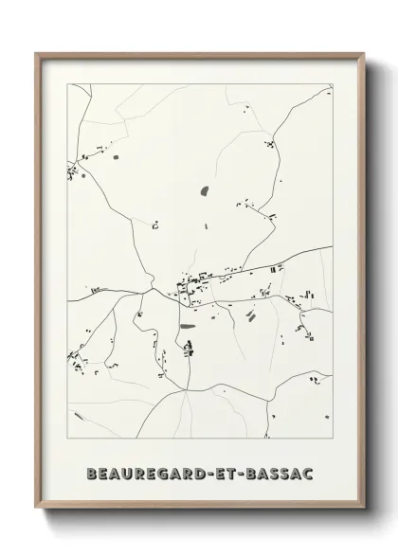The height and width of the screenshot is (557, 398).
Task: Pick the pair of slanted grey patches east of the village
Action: tap(251, 315)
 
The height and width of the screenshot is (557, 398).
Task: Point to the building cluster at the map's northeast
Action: tap(270, 144)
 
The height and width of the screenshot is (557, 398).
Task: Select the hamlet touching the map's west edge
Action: tap(72, 171)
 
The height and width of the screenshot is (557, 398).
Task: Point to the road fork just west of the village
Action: tap(153, 281)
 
